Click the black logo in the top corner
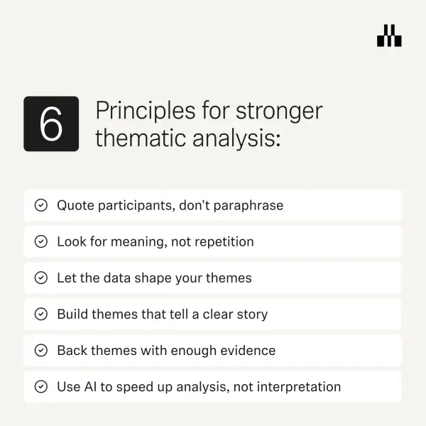[x=389, y=35]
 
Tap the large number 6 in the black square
[x=51, y=124]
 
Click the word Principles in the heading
[x=146, y=111]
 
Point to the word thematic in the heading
[x=141, y=138]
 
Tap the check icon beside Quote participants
[x=41, y=205]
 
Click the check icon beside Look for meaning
[x=41, y=241]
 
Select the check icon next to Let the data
[x=41, y=278]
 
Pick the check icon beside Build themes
[x=41, y=314]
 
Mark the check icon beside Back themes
[x=41, y=351]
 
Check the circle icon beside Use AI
[x=41, y=387]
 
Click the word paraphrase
[x=248, y=206]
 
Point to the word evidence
[x=248, y=351]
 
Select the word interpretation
[x=299, y=387]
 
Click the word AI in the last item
[x=90, y=387]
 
